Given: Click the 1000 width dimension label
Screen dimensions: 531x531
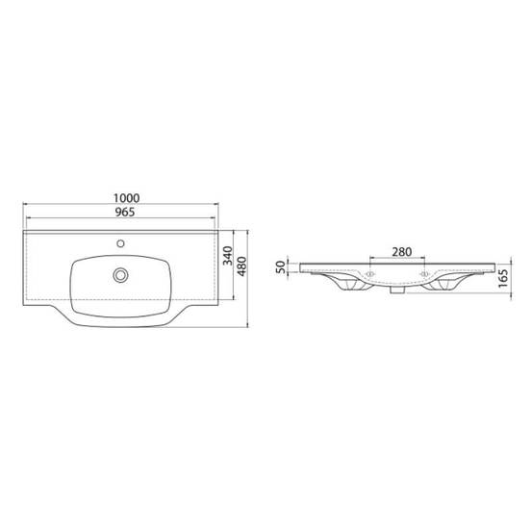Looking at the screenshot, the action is (126, 198).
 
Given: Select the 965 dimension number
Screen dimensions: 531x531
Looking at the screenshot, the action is (125, 212).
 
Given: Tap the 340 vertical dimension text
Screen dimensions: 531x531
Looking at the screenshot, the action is (228, 256).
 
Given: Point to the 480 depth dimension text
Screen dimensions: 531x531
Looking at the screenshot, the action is (242, 266).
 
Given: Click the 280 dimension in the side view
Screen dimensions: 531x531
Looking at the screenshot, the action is (402, 252).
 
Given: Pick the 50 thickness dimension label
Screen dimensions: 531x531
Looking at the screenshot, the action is (281, 267).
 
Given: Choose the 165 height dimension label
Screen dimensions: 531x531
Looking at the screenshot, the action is (504, 278).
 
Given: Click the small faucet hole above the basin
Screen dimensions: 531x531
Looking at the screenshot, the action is (120, 243).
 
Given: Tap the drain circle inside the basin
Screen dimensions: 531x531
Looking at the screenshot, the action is (120, 275).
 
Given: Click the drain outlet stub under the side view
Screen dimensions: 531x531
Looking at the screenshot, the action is (397, 290).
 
